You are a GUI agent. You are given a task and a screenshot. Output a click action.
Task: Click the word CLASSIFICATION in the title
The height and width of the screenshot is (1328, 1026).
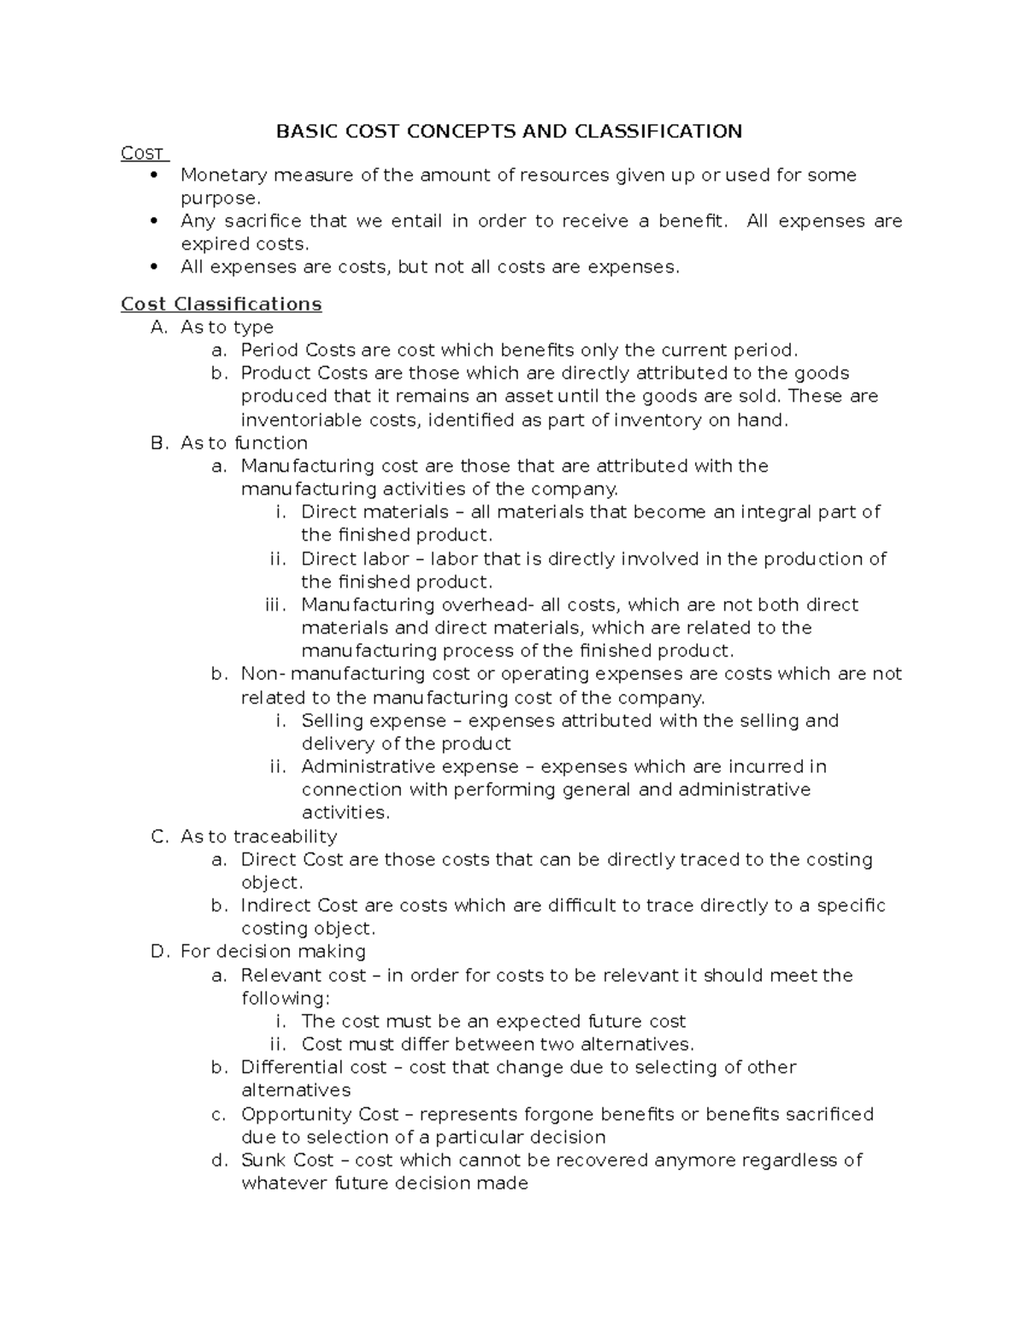[657, 131]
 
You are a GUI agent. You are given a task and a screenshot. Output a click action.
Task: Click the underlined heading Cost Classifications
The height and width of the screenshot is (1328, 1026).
[221, 304]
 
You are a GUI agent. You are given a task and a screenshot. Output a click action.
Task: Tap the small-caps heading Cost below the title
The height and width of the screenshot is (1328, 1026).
[143, 154]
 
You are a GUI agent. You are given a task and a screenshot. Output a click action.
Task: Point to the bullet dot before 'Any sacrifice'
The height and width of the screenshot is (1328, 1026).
[154, 221]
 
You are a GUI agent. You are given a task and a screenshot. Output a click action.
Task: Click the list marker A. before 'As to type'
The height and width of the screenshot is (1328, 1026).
[158, 328]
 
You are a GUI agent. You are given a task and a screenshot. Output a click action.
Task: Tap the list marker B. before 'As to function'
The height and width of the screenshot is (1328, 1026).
[158, 443]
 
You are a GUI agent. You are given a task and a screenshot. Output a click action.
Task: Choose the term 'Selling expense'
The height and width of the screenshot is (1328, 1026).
[374, 721]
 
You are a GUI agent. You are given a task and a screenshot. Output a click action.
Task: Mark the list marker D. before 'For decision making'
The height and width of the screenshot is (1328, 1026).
[158, 952]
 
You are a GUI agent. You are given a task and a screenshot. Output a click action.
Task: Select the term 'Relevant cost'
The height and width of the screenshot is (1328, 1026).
[304, 976]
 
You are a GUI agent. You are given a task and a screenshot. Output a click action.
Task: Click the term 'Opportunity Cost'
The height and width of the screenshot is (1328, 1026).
[320, 1114]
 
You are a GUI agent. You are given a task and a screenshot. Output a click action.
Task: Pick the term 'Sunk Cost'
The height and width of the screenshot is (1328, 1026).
[287, 1160]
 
